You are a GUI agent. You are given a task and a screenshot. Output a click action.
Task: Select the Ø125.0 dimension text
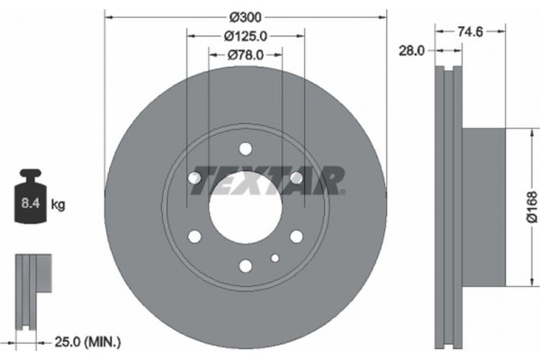tap(246, 37)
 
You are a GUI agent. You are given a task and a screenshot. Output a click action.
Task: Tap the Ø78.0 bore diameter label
tap(246, 56)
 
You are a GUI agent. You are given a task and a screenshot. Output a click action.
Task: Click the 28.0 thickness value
tap(410, 51)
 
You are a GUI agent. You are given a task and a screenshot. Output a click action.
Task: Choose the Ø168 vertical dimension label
tap(532, 208)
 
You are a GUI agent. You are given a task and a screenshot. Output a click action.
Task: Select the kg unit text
tap(58, 205)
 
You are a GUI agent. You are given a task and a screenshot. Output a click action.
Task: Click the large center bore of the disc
tap(246, 208)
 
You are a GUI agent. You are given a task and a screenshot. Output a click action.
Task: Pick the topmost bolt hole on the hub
tap(246, 150)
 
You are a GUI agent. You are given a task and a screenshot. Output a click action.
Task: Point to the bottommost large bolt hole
tap(246, 265)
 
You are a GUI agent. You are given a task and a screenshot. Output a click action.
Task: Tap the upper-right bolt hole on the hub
tap(296, 179)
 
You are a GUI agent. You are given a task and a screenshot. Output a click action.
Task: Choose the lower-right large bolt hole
tap(296, 237)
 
